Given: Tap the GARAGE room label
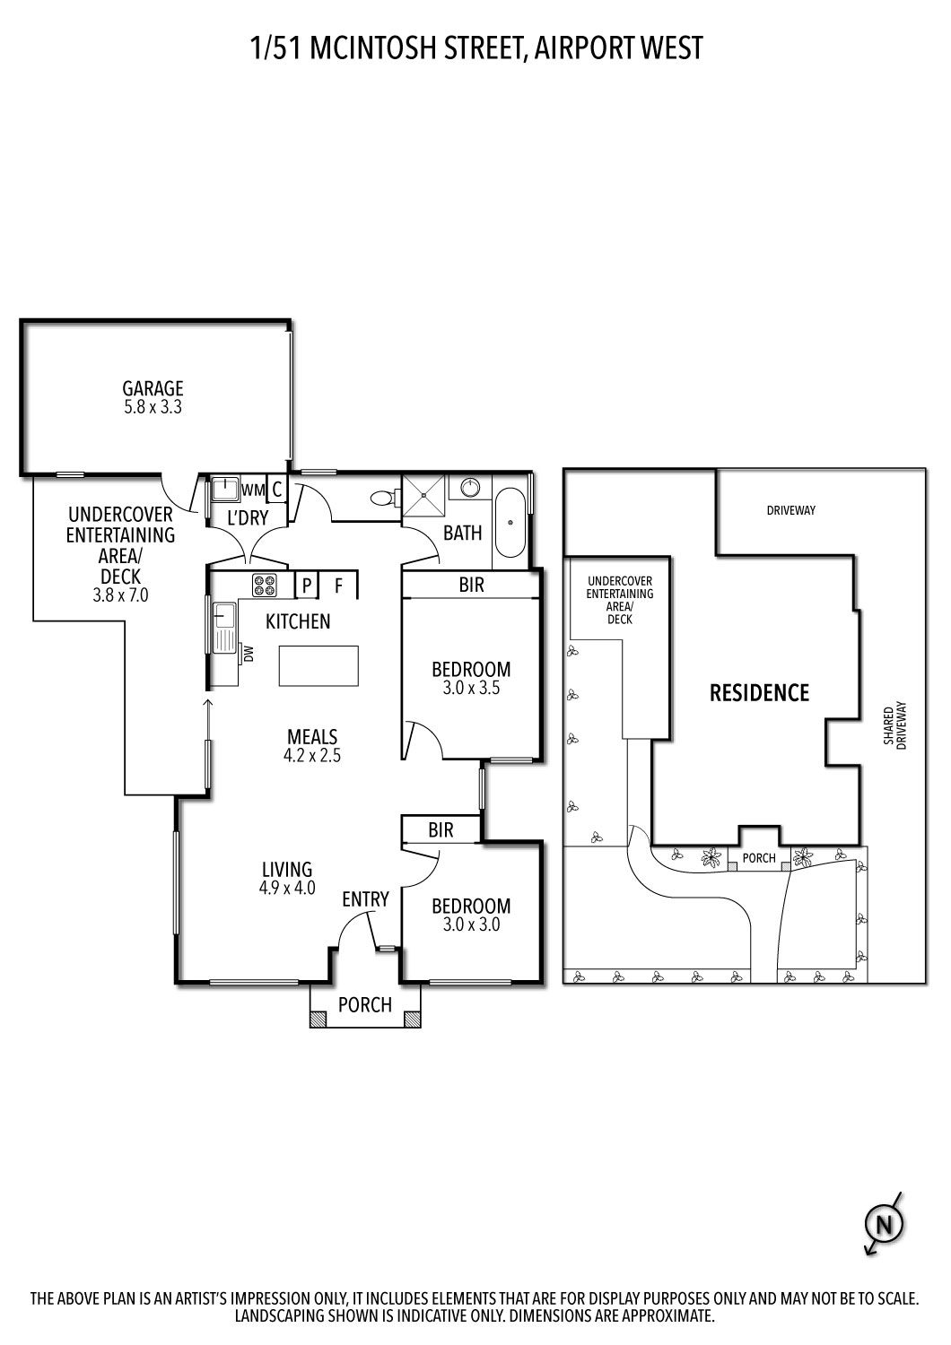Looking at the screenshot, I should [x=153, y=388].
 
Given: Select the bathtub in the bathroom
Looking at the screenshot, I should [x=511, y=522].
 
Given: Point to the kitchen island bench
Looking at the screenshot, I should [x=318, y=665].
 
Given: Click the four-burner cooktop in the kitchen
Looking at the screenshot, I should [x=265, y=586].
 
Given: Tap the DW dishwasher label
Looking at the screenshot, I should [x=249, y=652].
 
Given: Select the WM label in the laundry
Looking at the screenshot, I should [x=253, y=490].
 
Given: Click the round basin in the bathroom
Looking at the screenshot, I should [x=472, y=488].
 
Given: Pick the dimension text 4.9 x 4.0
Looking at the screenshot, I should [x=287, y=889].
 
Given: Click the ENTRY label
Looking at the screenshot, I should [x=365, y=898].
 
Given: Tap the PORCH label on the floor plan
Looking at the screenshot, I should [x=365, y=1004].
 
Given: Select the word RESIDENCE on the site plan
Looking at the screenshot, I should [x=759, y=692].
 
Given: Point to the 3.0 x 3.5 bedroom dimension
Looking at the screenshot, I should [x=471, y=689].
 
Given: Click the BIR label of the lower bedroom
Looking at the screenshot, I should [x=441, y=830].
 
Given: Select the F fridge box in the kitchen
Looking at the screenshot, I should [x=339, y=586].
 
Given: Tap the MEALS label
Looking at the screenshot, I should [x=312, y=736].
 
